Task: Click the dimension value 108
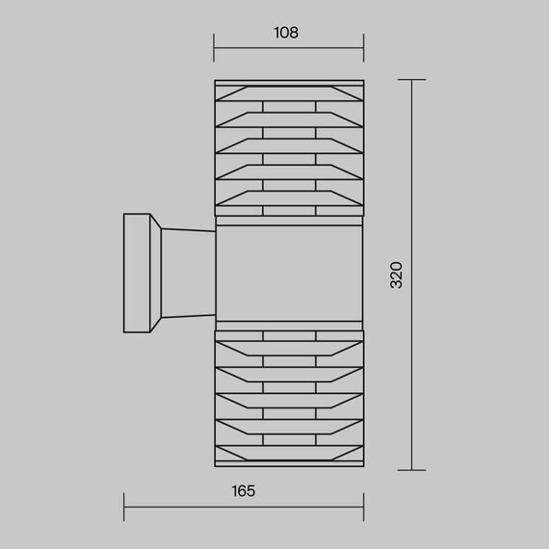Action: pos(286,33)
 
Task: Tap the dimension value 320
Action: pos(397,274)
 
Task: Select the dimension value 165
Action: pos(244,491)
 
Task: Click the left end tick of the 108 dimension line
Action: pos(214,47)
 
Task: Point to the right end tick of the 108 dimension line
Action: pos(364,47)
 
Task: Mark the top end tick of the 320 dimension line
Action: pos(412,80)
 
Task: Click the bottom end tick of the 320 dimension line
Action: pos(412,470)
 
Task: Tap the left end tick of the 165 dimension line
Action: pos(124,507)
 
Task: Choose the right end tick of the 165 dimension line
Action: pos(364,507)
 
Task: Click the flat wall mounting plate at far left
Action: pos(137,274)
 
